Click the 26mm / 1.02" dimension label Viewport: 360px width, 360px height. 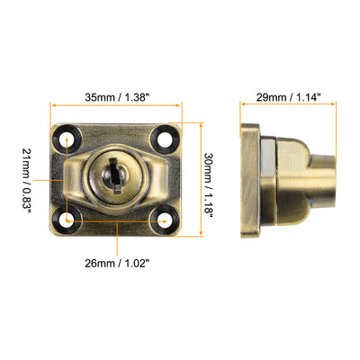pyautogui.click(x=118, y=264)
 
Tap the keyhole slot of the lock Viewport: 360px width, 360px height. pyautogui.click(x=116, y=172)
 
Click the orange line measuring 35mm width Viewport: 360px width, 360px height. pyautogui.click(x=117, y=110)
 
